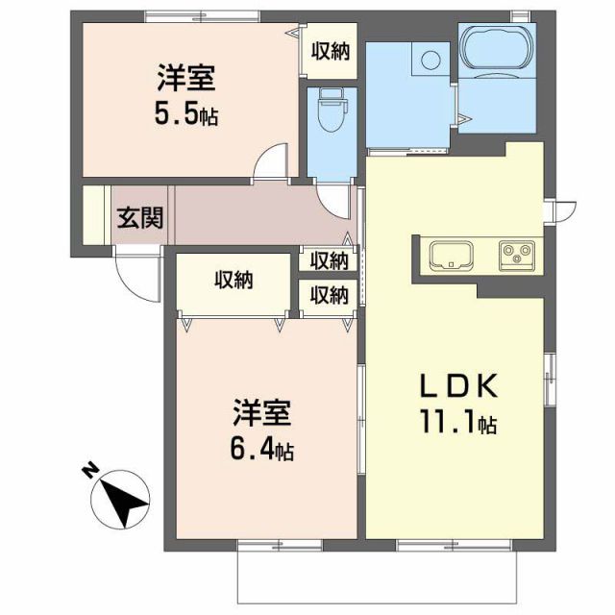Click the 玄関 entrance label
coord(139,218)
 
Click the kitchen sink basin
coord(450,256)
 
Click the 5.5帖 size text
coord(185,114)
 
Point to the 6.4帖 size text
coord(260,447)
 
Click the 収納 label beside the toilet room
coord(329,51)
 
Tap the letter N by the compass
coord(88,470)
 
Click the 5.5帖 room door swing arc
coord(271,160)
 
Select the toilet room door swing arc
coord(336,198)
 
